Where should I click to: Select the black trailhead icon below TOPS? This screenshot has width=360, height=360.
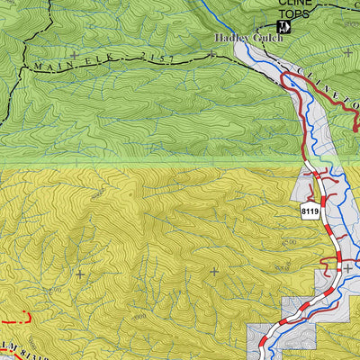(283, 30)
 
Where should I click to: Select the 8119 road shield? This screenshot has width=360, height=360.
(310, 211)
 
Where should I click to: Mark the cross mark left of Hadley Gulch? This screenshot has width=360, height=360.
(211, 54)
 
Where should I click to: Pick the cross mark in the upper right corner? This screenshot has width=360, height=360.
(347, 53)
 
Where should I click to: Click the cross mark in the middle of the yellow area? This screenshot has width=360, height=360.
(214, 270)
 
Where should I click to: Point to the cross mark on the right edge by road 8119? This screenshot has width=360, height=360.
(347, 268)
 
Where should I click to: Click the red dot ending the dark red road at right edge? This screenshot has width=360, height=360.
(356, 130)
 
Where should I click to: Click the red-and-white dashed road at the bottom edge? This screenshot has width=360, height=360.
(264, 346)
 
